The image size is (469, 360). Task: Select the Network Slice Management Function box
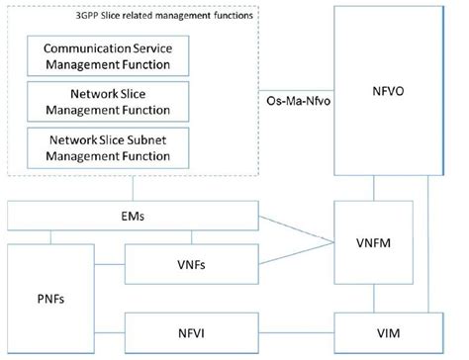pos(109,102)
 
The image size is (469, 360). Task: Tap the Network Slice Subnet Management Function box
pos(109,145)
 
